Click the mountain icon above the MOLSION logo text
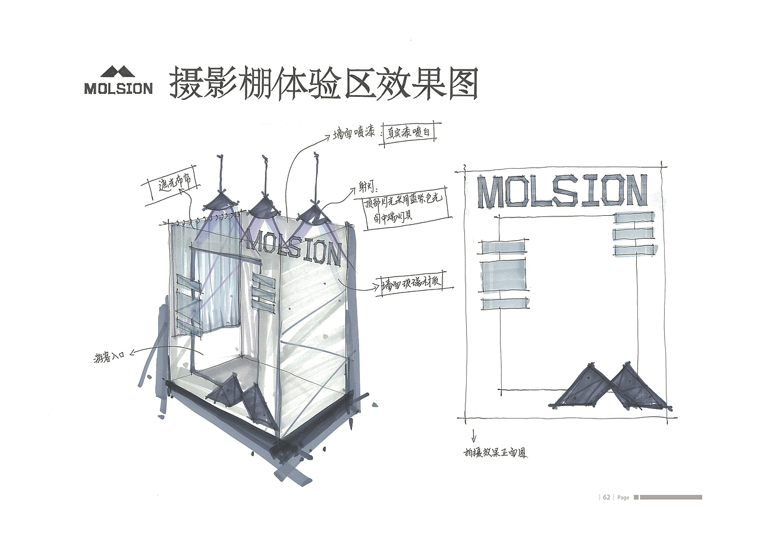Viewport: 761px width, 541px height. coord(118,72)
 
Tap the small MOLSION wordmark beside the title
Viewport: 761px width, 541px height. coord(118,89)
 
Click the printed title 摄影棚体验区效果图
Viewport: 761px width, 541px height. coord(323,83)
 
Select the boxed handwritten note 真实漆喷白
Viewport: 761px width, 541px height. coord(410,133)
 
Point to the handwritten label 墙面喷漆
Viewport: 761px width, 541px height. coord(353,134)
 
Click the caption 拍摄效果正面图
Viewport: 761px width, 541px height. coord(495,453)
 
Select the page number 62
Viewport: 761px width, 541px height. coord(606,497)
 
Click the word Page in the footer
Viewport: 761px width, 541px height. coord(623,498)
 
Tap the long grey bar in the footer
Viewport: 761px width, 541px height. coord(671,497)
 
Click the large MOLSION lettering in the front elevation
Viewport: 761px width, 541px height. coord(561,191)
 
